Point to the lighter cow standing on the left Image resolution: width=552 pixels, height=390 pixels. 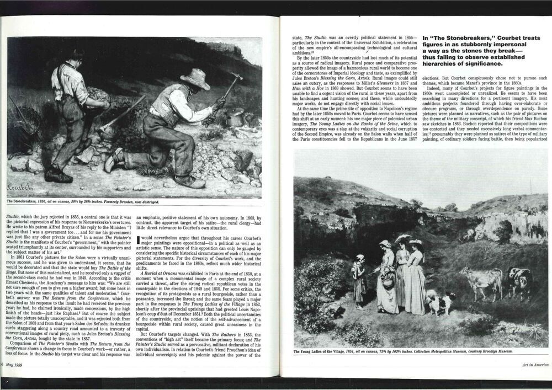481,281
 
